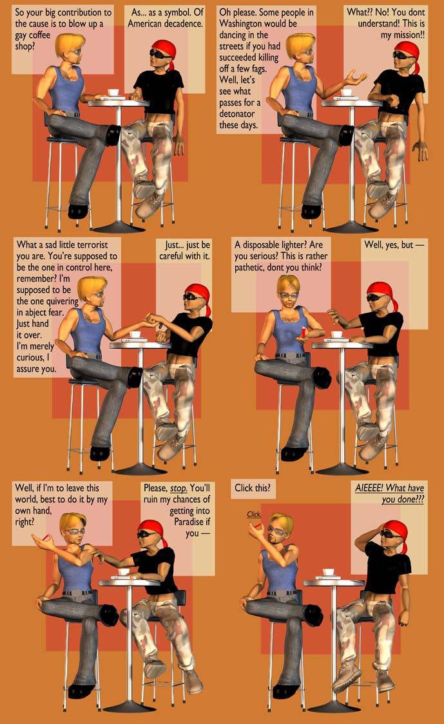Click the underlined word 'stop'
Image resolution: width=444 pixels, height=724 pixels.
click(179, 488)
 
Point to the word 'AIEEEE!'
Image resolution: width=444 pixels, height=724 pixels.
click(369, 488)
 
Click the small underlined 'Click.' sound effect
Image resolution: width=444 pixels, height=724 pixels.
click(254, 514)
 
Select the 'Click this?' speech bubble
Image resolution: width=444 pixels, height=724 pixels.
click(253, 488)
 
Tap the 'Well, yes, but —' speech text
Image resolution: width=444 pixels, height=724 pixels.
click(394, 245)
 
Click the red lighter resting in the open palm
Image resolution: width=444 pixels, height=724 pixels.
click(304, 332)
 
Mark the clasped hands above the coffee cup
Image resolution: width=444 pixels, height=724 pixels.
click(153, 319)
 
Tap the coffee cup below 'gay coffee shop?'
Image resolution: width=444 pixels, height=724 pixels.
click(113, 93)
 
